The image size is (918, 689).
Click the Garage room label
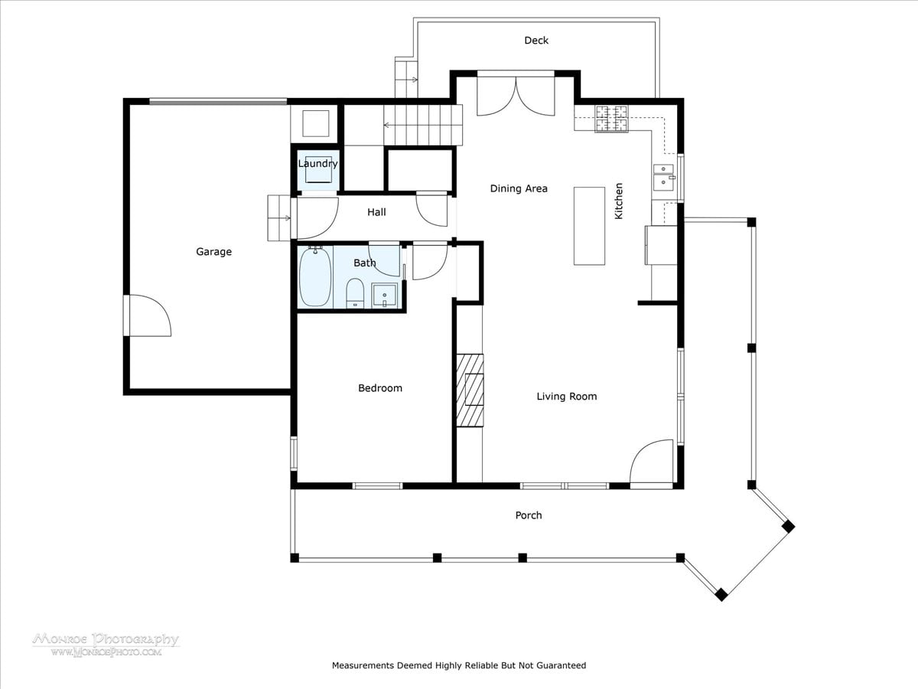coord(213,252)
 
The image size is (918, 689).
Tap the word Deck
coord(536,40)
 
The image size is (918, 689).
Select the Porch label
coord(529,515)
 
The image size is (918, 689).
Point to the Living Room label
coord(567,396)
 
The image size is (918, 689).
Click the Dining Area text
coord(519,188)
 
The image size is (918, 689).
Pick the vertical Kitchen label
coord(619,201)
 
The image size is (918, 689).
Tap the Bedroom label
coord(380,388)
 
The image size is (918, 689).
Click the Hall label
coord(376,212)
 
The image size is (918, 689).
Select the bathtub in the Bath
coord(315,276)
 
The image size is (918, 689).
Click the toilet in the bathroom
coord(355,292)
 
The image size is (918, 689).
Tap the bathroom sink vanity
coord(385,296)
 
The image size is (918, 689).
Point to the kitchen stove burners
coord(611,119)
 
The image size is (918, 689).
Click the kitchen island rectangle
coord(589,226)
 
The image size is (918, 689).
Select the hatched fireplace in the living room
coord(470,390)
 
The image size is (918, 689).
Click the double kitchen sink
coord(664,177)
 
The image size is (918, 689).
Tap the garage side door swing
coord(149,315)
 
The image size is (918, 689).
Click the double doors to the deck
coord(516,96)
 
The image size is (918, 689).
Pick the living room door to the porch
coord(652,463)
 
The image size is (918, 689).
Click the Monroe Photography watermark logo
coord(106,645)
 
